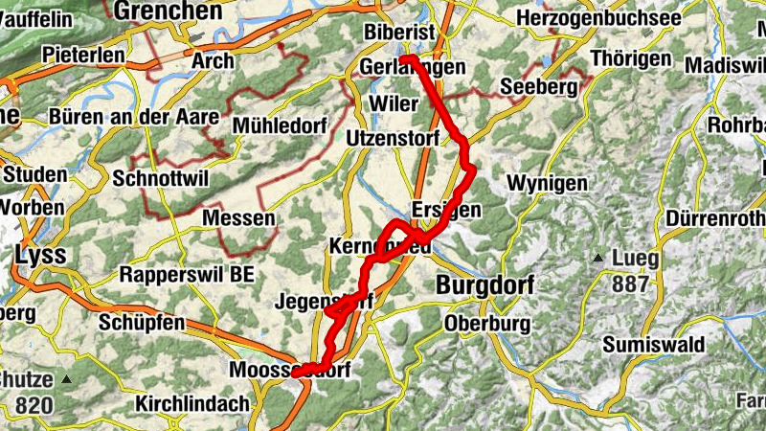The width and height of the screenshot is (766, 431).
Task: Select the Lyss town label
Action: pyautogui.click(x=40, y=255)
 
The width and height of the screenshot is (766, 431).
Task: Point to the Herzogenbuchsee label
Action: pyautogui.click(x=598, y=18)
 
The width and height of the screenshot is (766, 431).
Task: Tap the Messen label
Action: pyautogui.click(x=239, y=218)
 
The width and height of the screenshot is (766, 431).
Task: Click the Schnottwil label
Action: pyautogui.click(x=159, y=178)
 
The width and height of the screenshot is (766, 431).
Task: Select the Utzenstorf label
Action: pyautogui.click(x=392, y=138)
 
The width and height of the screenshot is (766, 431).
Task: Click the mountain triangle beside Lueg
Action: pyautogui.click(x=598, y=257)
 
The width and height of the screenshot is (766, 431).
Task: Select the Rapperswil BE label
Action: pyautogui.click(x=188, y=275)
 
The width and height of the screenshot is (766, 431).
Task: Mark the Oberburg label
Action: pyautogui.click(x=486, y=324)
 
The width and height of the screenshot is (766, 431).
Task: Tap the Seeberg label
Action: pyautogui.click(x=540, y=88)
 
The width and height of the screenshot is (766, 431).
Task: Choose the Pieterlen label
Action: pyautogui.click(x=82, y=55)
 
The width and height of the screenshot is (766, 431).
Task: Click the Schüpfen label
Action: pyautogui.click(x=140, y=323)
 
